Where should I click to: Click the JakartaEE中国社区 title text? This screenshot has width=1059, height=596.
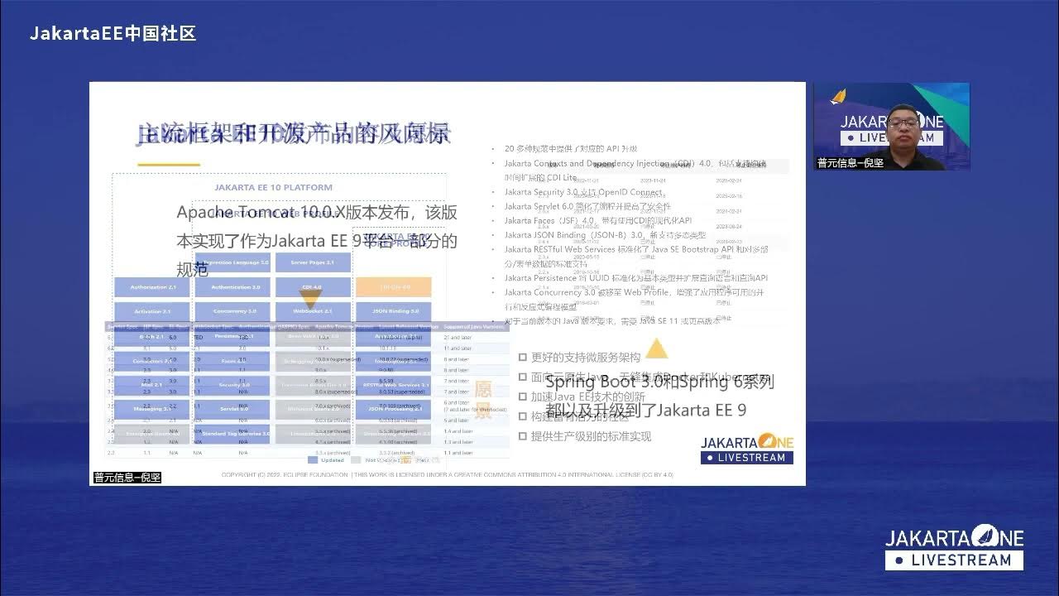click(113, 34)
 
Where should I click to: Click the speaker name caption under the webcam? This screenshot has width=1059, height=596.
click(851, 163)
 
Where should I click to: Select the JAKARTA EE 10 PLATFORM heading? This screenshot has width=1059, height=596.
click(273, 187)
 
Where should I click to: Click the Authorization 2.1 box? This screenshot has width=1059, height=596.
click(151, 287)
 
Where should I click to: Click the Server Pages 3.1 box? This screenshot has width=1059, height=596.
click(312, 262)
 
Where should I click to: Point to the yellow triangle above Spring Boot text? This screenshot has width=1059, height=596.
click(656, 349)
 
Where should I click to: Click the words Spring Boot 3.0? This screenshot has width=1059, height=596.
click(602, 382)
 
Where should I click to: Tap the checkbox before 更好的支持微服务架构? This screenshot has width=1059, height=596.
click(523, 357)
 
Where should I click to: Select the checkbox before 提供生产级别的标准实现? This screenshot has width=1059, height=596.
click(523, 436)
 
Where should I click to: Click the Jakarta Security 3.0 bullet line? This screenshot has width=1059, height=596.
click(582, 192)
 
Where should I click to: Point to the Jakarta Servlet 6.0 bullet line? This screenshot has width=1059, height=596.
click(587, 206)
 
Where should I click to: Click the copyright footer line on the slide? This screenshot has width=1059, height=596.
click(447, 475)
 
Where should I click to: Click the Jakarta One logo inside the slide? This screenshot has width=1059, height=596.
click(747, 448)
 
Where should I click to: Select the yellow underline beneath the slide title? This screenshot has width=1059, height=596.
click(169, 164)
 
